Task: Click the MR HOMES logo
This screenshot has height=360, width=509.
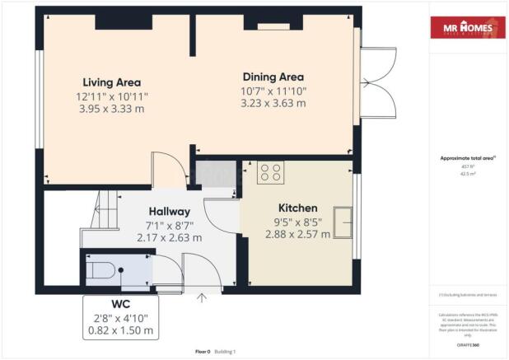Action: pyautogui.click(x=468, y=28)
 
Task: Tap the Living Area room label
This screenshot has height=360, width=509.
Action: pyautogui.click(x=111, y=82)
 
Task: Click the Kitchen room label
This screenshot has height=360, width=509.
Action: pyautogui.click(x=297, y=208)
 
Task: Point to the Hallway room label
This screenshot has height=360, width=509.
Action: pyautogui.click(x=169, y=212)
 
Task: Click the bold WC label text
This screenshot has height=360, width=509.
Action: pyautogui.click(x=121, y=303)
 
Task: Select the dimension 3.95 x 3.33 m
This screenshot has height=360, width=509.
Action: pyautogui.click(x=111, y=110)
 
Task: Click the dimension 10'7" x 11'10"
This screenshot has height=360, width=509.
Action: pyautogui.click(x=273, y=90)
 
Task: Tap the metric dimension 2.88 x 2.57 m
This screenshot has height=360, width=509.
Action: pyautogui.click(x=297, y=234)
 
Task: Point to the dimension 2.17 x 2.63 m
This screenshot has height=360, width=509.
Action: pyautogui.click(x=169, y=239)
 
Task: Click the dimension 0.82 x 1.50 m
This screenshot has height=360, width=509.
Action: pyautogui.click(x=121, y=330)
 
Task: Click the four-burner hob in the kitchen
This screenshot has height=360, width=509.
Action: pyautogui.click(x=271, y=172)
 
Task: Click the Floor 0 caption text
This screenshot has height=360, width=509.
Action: pyautogui.click(x=203, y=352)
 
